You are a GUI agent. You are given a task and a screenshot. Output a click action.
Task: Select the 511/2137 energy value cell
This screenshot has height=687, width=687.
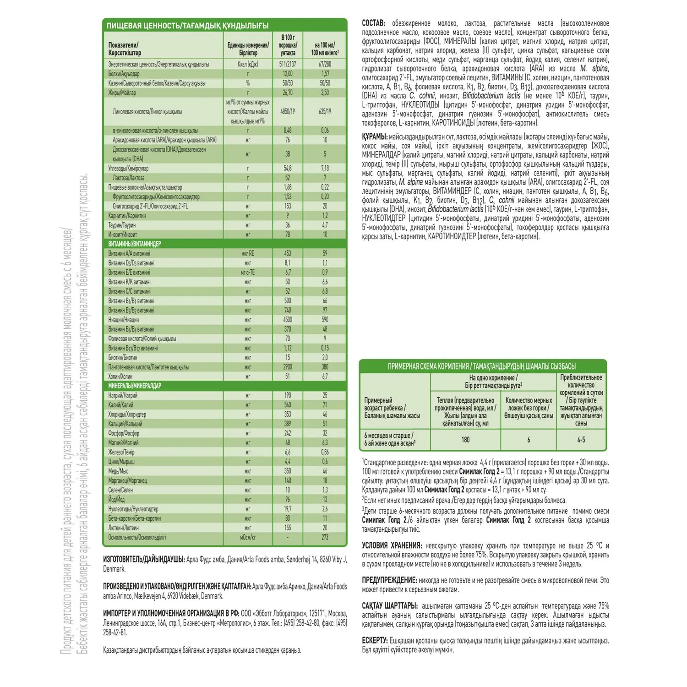coord(288,65)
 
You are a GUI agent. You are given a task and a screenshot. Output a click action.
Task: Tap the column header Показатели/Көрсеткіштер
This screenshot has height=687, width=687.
coord(125,49)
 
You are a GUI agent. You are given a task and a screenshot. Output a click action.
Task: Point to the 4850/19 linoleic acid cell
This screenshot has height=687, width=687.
coord(288,111)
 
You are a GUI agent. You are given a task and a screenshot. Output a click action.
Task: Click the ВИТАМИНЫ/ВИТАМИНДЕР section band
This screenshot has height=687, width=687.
coord(135,244)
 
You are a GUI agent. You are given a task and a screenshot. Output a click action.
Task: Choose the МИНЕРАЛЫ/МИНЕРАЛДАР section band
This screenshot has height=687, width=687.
coord(135,386)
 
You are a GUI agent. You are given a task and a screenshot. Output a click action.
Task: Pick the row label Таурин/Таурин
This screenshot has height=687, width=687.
coord(122,225)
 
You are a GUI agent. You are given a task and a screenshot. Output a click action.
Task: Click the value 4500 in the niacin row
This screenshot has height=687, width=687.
coord(288,320)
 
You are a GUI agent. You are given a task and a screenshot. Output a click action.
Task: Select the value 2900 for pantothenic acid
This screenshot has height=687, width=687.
coord(288,367)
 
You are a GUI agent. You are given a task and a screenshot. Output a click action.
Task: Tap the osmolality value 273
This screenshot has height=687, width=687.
coord(325,537)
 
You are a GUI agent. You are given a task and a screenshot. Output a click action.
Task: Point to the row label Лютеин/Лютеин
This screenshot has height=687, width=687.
coord(123,528)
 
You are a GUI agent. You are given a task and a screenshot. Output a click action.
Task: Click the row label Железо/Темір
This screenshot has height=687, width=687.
coord(121,452)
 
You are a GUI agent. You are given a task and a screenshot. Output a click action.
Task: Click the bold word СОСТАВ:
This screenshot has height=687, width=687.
coord(374,23)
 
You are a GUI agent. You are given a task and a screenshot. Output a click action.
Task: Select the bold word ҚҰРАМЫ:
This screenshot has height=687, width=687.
coord(375,137)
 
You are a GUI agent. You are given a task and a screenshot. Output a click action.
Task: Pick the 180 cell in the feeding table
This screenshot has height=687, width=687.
coord(465,440)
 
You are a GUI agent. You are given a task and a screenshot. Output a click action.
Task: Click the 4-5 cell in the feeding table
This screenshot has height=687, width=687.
coord(581,440)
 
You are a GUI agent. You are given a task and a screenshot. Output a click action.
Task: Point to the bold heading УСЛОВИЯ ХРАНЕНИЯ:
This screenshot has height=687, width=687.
coord(392,546)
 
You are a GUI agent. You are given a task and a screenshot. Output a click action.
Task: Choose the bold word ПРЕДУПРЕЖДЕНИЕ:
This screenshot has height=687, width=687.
coord(389,580)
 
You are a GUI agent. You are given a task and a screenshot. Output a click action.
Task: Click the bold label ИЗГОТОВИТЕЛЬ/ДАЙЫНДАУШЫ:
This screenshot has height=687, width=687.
coord(144,559)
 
